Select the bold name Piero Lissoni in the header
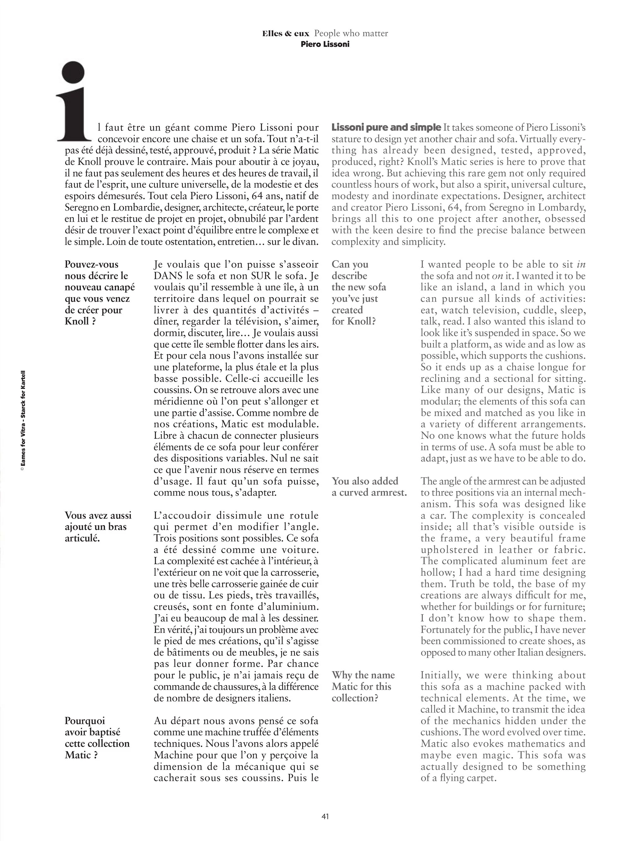click(325, 44)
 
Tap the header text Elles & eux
click(286, 33)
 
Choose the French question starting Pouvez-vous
click(100, 293)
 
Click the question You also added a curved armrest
click(369, 487)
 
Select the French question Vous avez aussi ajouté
click(98, 527)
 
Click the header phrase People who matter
click(351, 33)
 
